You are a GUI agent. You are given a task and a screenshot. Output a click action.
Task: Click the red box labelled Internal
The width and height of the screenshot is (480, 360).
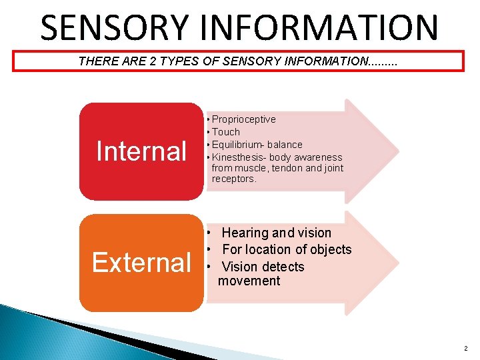[x=141, y=151]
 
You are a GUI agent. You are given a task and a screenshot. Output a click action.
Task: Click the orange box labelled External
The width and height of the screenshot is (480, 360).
[x=141, y=263]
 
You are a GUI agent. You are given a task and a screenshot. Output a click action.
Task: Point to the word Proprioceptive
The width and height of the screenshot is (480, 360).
[x=243, y=119]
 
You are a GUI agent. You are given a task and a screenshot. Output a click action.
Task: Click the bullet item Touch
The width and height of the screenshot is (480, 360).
[x=226, y=132]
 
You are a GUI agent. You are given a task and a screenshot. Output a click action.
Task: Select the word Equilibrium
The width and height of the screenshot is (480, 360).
[x=236, y=145]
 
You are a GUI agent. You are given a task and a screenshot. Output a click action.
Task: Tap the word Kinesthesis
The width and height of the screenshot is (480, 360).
[x=238, y=157]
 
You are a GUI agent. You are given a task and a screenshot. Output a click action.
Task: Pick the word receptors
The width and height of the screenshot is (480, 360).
[x=233, y=179]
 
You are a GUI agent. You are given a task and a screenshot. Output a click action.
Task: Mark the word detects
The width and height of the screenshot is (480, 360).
[x=282, y=267]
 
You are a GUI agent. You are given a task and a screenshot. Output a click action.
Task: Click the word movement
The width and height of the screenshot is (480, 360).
[x=249, y=281]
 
